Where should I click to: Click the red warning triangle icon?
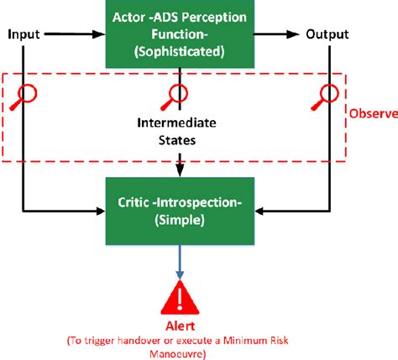(179, 297)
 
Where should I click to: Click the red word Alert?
(179, 326)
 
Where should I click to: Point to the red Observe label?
(373, 114)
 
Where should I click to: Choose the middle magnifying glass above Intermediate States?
(177, 96)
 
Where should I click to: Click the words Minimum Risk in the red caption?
(264, 340)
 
